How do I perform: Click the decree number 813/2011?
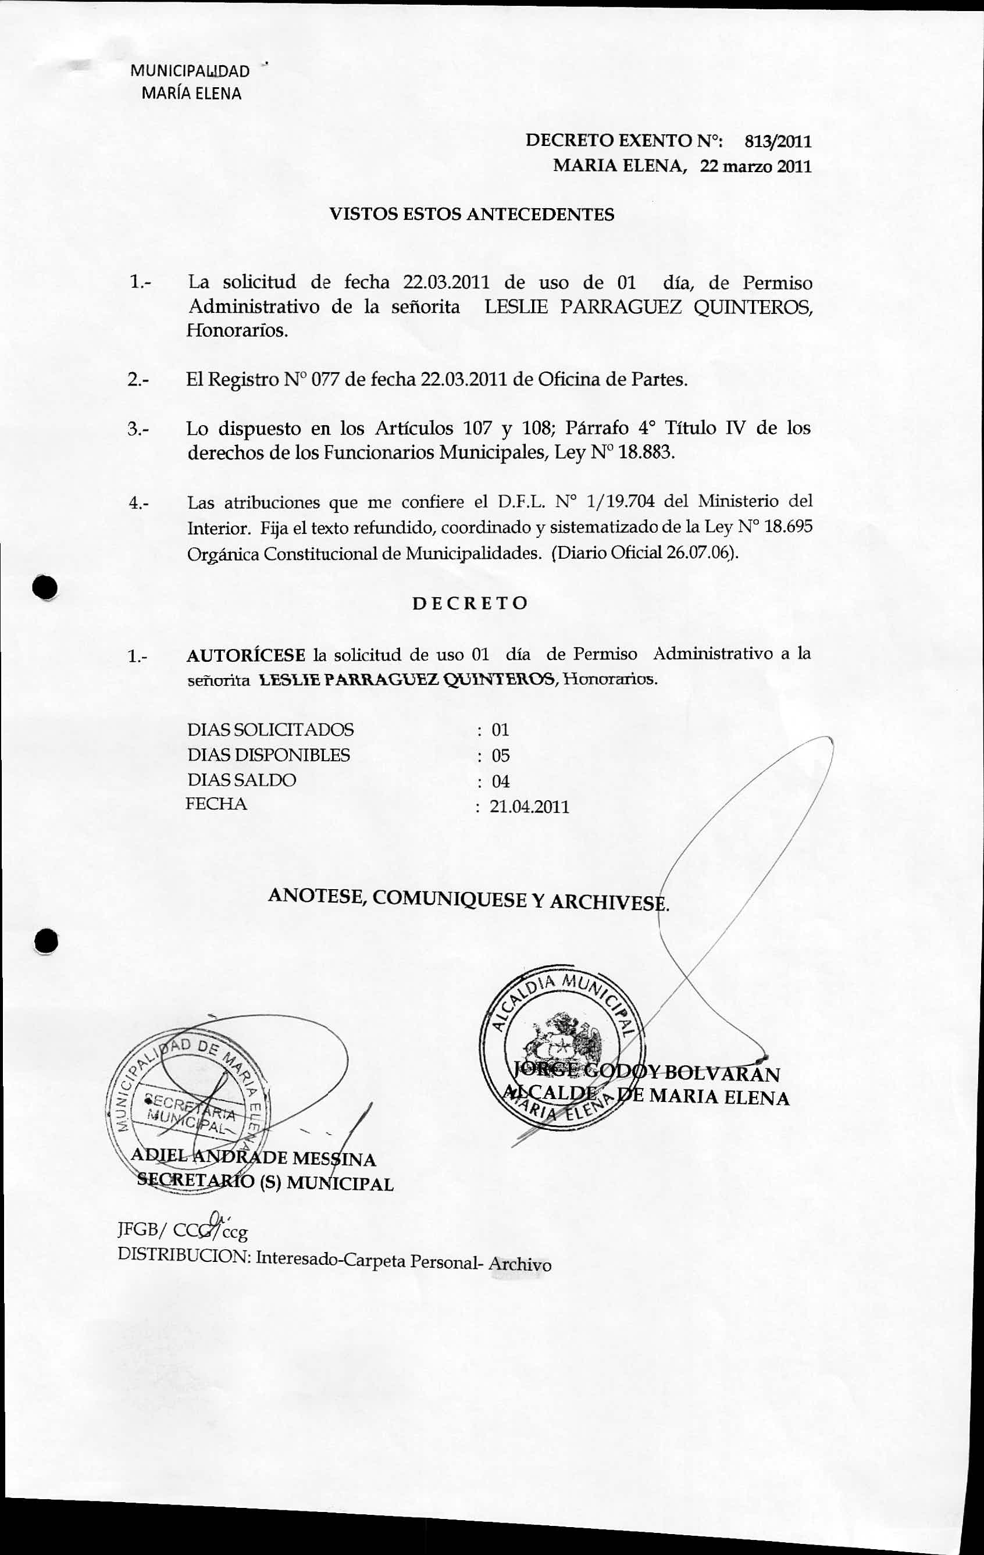tap(778, 141)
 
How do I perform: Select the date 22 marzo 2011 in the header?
tap(755, 166)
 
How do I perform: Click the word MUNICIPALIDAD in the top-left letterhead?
tap(190, 71)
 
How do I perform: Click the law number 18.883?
tap(646, 452)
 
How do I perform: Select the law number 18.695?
tap(787, 527)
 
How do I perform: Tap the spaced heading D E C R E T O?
tap(470, 603)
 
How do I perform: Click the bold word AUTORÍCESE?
tap(246, 655)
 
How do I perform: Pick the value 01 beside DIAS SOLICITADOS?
tap(500, 730)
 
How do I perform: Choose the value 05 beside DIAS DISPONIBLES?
tap(500, 755)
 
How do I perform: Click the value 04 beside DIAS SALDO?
tap(500, 782)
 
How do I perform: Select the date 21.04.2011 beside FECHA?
tap(529, 807)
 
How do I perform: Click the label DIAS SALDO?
tap(241, 780)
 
